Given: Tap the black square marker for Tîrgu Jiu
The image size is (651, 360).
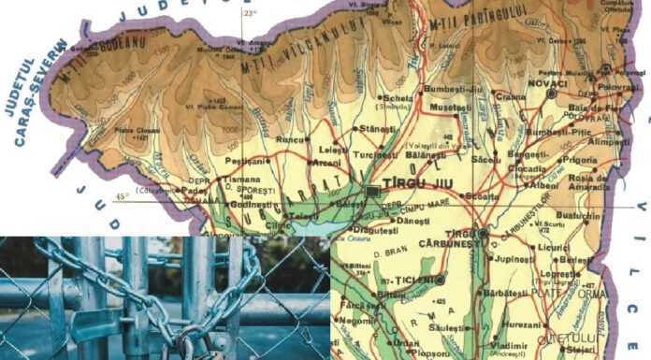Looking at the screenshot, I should tap(373, 191).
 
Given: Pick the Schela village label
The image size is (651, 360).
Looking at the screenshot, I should tap(396, 97).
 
